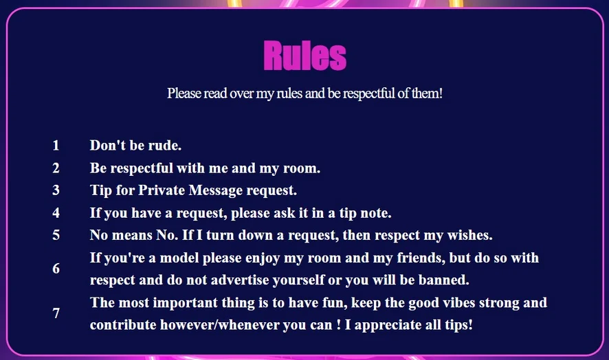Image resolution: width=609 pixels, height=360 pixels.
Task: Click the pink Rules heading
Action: pyautogui.click(x=305, y=56)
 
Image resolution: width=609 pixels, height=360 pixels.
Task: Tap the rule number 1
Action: pyautogui.click(x=56, y=145)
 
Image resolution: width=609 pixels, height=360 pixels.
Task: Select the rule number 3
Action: pyautogui.click(x=56, y=190)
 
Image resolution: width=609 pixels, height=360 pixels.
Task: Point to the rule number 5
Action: pyautogui.click(x=56, y=235)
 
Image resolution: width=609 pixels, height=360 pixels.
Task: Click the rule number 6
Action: pyautogui.click(x=56, y=269)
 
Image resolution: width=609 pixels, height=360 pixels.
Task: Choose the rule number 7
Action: pyautogui.click(x=56, y=313)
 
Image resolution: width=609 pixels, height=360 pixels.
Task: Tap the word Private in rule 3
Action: pyautogui.click(x=162, y=190)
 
